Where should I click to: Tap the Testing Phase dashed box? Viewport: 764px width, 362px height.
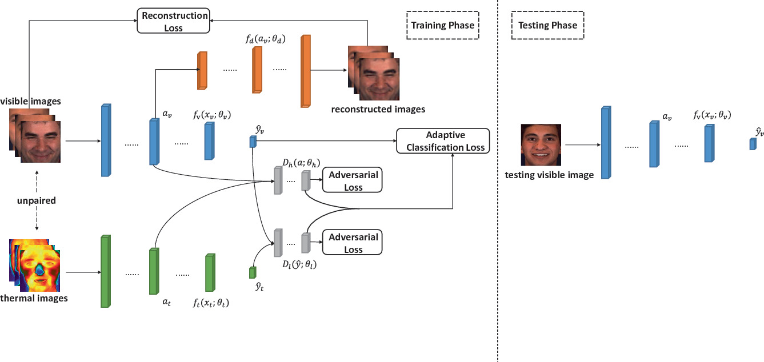[x=547, y=25]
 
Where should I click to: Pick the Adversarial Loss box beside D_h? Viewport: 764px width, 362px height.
[x=352, y=180]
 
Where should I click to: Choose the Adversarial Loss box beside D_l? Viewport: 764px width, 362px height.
[x=352, y=242]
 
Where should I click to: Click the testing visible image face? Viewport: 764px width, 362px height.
[x=541, y=145]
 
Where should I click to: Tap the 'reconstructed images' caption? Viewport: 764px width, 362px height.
[x=378, y=108]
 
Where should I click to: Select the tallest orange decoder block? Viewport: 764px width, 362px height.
[x=305, y=71]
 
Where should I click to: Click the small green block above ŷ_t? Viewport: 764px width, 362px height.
[x=253, y=272]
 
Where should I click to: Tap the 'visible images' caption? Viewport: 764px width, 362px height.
[x=30, y=101]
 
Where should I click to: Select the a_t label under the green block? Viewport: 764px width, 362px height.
[x=167, y=299]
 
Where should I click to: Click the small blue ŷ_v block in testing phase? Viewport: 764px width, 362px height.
[x=753, y=144]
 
